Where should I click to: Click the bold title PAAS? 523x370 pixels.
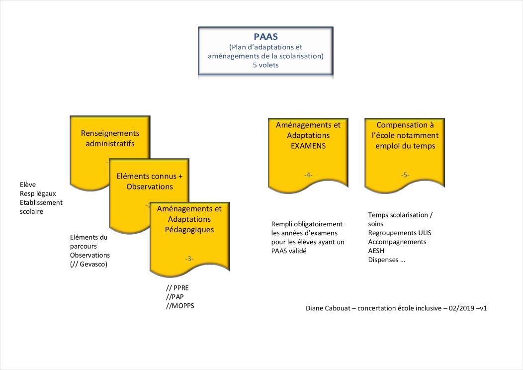(x=265, y=37)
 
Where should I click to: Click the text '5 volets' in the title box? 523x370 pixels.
(x=265, y=65)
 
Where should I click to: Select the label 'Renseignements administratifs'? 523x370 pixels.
(x=110, y=139)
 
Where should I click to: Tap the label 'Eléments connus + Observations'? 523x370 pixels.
(x=149, y=182)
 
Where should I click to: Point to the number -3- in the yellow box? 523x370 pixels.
(x=189, y=259)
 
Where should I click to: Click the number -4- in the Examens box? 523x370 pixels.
(x=308, y=175)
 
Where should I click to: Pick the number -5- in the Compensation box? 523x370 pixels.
(x=405, y=175)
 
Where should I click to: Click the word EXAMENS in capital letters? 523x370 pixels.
(x=308, y=146)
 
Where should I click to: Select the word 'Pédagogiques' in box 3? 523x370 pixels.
(x=189, y=230)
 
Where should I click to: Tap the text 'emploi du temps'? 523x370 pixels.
(x=405, y=146)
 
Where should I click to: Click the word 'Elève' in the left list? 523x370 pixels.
(x=28, y=185)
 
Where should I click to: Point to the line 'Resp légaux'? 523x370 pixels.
(x=38, y=193)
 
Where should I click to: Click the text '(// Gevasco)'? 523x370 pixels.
(x=89, y=264)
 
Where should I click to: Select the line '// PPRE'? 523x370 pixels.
(x=177, y=288)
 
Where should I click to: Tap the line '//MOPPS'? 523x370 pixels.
(x=180, y=306)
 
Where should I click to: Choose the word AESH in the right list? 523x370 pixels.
(x=376, y=251)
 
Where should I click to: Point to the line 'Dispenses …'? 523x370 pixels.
(x=386, y=260)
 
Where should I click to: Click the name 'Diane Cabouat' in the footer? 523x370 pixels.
(x=328, y=308)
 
